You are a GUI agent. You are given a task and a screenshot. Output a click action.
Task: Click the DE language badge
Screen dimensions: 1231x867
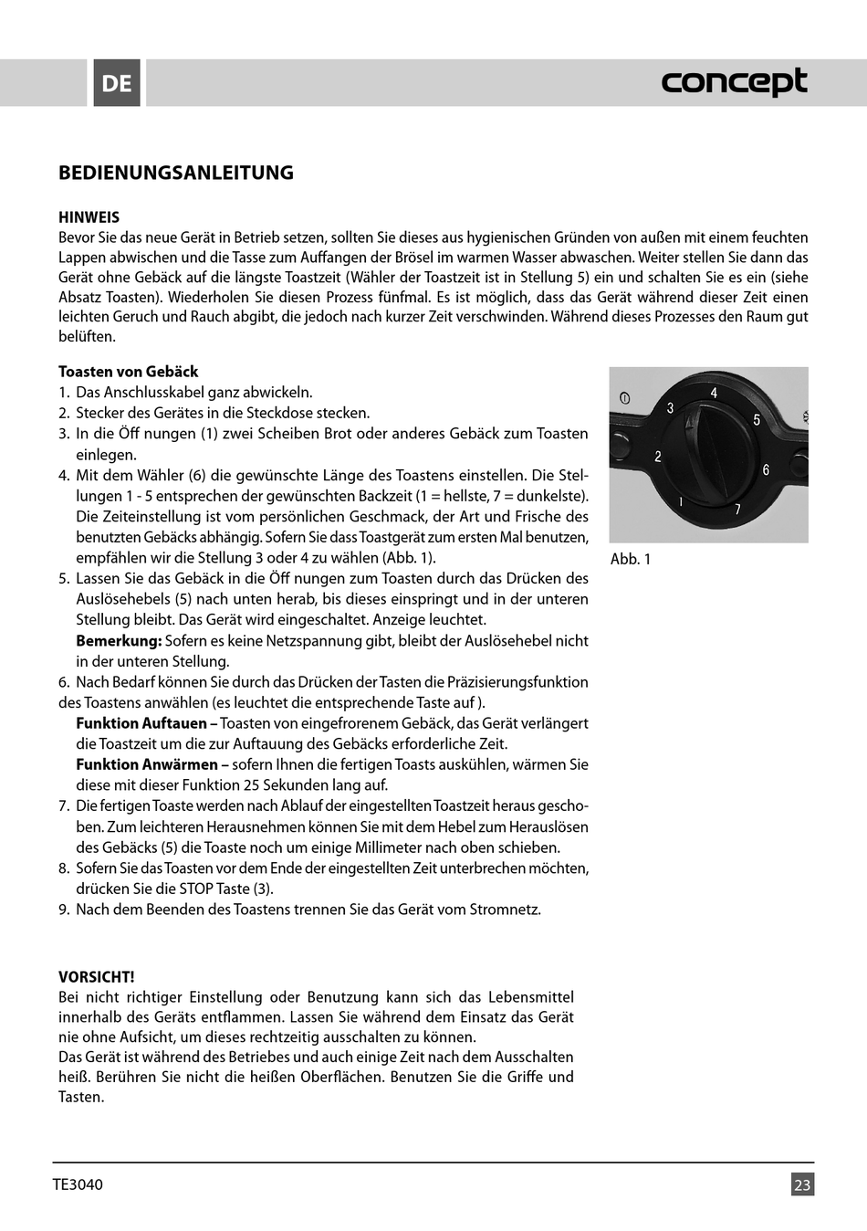117,83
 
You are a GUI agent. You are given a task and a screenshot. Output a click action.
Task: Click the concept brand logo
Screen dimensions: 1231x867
734,82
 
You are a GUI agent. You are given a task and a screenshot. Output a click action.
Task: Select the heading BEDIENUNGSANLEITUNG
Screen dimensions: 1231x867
176,173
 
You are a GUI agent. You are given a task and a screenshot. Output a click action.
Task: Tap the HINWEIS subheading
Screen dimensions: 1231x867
89,217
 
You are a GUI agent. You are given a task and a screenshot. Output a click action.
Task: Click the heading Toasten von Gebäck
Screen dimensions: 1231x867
128,372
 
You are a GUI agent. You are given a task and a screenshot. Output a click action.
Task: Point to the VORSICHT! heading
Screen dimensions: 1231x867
96,977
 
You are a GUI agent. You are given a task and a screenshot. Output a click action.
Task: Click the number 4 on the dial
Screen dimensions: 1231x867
714,394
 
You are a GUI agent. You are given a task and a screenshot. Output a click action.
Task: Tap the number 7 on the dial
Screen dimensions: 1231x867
737,510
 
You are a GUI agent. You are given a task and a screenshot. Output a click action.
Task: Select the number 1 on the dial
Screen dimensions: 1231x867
681,501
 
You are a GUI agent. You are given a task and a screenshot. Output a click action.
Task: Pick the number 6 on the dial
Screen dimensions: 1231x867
766,470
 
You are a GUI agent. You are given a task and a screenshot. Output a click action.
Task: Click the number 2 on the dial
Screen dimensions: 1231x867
658,457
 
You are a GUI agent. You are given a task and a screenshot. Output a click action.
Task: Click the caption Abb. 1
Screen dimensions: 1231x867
631,559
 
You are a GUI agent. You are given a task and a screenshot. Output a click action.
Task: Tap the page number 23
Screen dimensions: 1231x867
802,1185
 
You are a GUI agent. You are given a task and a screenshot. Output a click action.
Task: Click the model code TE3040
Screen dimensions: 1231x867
78,1185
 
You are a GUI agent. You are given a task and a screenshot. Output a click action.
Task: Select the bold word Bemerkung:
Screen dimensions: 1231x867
119,641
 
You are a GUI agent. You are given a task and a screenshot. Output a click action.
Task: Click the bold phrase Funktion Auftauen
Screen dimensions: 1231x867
141,723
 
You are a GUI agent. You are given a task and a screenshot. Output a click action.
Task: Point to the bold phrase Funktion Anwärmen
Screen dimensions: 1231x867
146,764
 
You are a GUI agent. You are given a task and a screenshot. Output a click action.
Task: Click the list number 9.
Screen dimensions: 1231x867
64,910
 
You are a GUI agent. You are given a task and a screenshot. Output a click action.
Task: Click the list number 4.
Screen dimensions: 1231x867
64,476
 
